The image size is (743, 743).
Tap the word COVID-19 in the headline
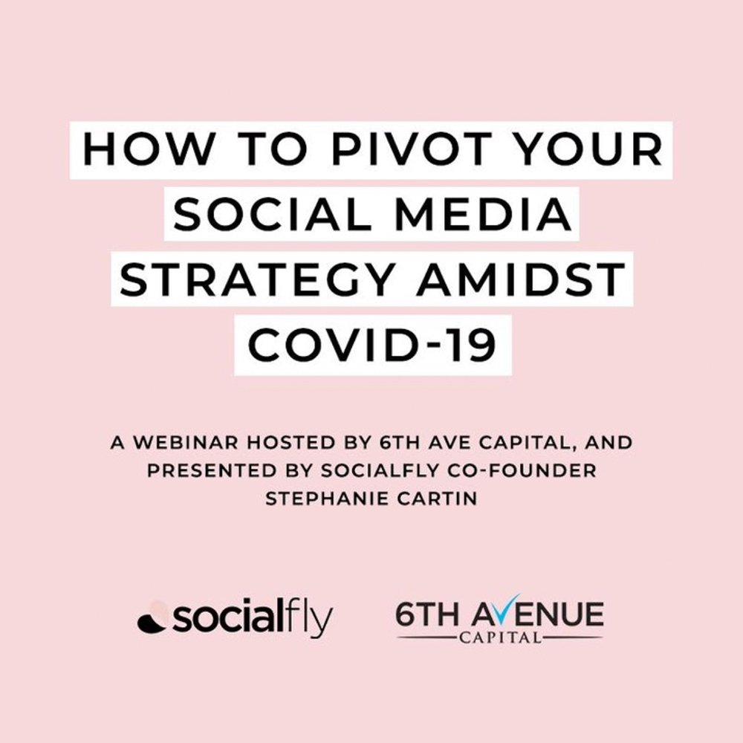pos(372,345)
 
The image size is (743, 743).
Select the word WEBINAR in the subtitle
pos(185,443)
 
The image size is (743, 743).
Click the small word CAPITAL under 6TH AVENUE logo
pos(500,637)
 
